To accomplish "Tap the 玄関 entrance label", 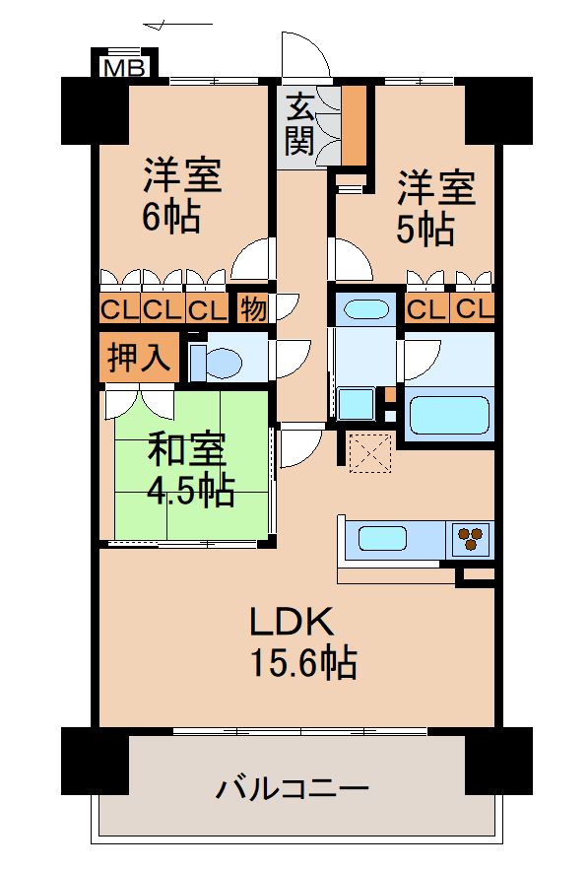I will (300, 125).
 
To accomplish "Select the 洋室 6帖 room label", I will (181, 194).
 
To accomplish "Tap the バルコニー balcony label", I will (293, 788).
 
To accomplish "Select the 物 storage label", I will (252, 309).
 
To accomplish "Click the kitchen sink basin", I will (382, 538).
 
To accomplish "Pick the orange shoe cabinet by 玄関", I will (353, 124).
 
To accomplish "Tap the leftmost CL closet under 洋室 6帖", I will (119, 309).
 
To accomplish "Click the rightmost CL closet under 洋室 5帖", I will (474, 309).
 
